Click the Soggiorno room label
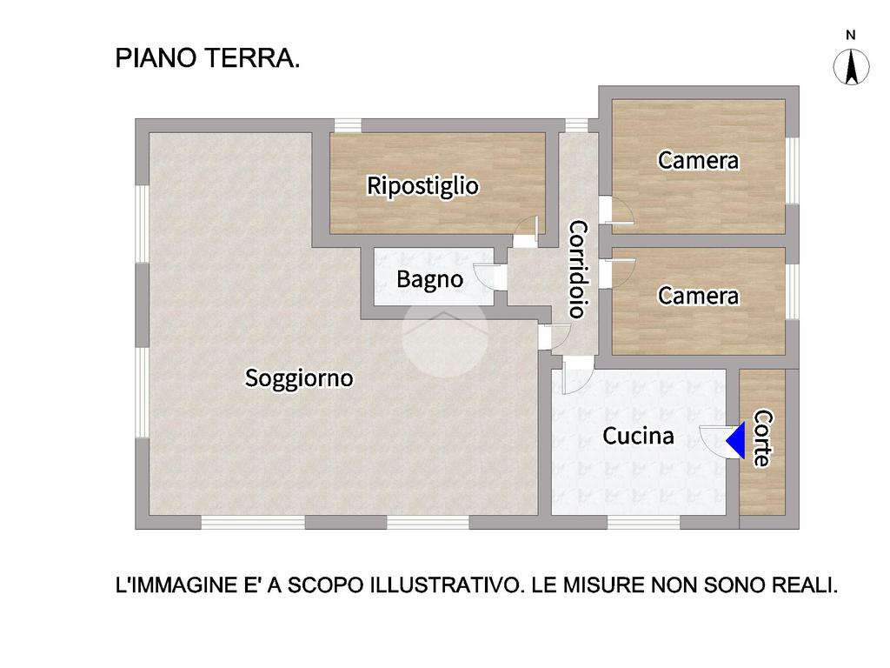tap(299, 378)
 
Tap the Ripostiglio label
tap(422, 186)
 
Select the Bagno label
tap(429, 279)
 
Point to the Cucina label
tap(638, 437)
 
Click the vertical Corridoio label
tap(578, 270)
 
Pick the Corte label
tap(762, 438)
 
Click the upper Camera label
tap(698, 160)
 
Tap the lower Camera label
tap(698, 296)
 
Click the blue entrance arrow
tap(736, 440)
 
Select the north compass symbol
tap(851, 66)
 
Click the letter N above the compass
tap(850, 35)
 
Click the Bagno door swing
tap(486, 277)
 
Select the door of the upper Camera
tap(617, 210)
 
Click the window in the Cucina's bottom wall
tap(644, 523)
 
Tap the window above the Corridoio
tap(576, 125)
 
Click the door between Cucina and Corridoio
tap(578, 375)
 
